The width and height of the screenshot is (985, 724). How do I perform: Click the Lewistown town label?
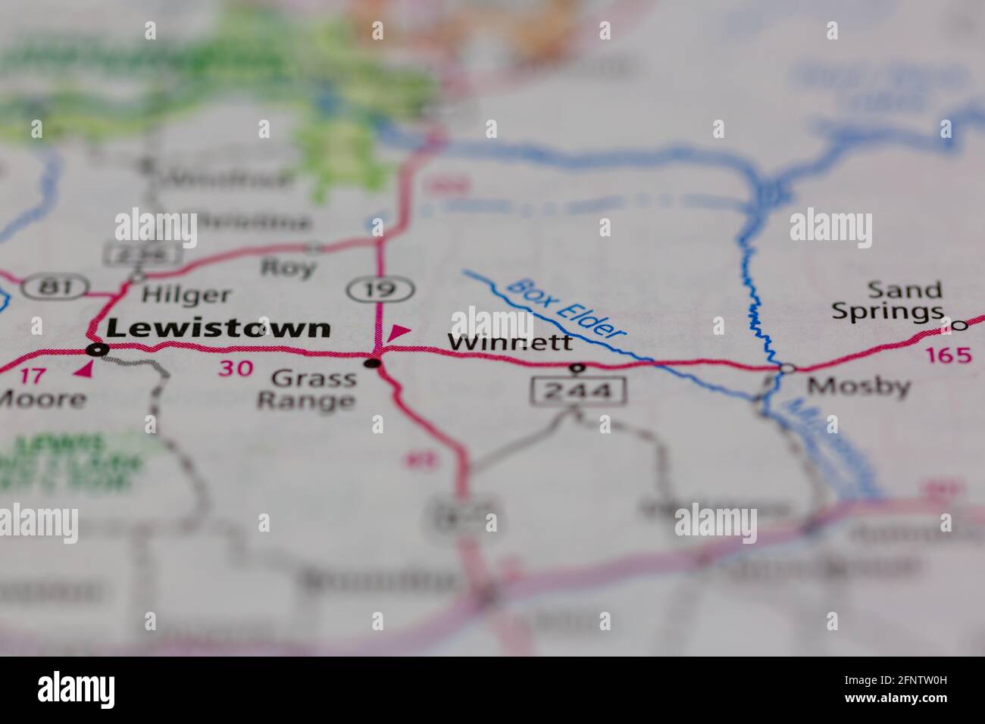[x=219, y=328]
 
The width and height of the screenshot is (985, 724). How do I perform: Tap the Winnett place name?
[x=510, y=342]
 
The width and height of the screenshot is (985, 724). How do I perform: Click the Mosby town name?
[x=858, y=387]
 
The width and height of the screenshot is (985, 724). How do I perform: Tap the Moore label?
[x=42, y=399]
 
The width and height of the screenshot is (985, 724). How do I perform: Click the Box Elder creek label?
[x=567, y=308]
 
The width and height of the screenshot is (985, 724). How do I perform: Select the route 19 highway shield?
[x=381, y=288]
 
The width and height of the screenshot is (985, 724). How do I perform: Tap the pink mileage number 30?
[x=235, y=369]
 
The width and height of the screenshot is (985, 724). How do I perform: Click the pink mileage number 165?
[x=947, y=354]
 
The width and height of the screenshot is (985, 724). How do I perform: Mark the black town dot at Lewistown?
[x=96, y=349]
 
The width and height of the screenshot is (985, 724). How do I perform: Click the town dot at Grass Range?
[x=372, y=364]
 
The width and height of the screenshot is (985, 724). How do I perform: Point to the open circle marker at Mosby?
[x=787, y=368]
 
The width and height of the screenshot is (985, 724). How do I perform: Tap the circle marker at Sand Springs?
[x=958, y=326]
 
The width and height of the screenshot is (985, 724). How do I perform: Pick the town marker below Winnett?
[x=577, y=368]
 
